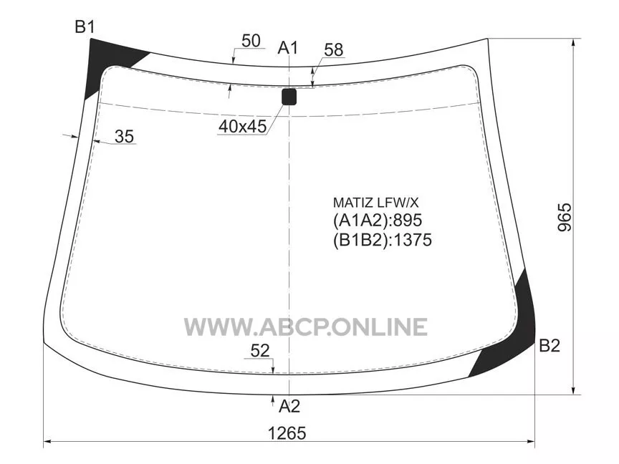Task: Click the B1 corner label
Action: [x=85, y=27]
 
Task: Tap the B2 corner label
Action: [x=550, y=346]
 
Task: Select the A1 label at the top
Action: [x=288, y=48]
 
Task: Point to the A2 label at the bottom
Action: [x=289, y=406]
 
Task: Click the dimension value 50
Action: [x=251, y=41]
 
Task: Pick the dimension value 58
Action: [x=334, y=50]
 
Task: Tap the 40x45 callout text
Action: [x=242, y=126]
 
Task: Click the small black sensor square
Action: [x=289, y=97]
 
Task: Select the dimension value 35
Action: [x=125, y=137]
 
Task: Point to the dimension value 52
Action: [x=260, y=350]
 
